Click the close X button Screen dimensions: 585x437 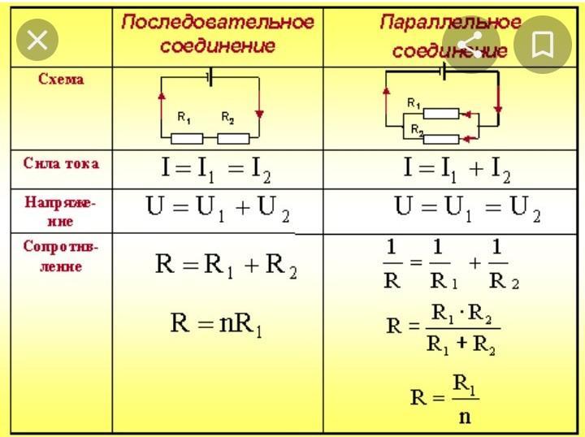pos(37,41)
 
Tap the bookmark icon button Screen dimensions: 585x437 pos(542,45)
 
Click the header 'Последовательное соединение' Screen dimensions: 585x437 pos(217,33)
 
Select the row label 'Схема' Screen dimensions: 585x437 pos(61,80)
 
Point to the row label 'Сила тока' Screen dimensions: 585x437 pos(61,163)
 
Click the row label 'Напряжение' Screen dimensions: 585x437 pos(61,210)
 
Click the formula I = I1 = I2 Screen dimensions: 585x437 pos(215,169)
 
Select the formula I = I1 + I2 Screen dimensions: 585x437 pos(457,169)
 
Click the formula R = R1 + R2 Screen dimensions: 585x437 pos(226,266)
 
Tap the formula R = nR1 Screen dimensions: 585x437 pos(216,324)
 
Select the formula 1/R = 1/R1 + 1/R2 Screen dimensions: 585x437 pos(450,265)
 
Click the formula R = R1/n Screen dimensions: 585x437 pos(445,397)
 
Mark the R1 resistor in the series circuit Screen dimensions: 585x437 pos(187,138)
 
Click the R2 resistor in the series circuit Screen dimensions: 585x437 pos(233,138)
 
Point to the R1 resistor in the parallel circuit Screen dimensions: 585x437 pos(440,114)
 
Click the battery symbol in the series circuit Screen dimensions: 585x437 pos(210,78)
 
